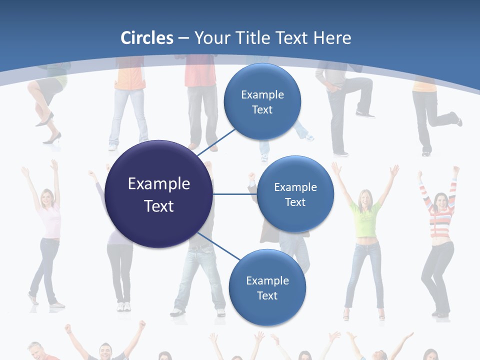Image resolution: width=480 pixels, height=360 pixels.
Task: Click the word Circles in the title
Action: tap(147, 38)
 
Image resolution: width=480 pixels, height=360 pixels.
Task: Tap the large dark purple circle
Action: tap(159, 194)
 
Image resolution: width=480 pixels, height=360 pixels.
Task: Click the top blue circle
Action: tap(262, 101)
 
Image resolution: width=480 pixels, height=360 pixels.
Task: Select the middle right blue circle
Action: tap(295, 194)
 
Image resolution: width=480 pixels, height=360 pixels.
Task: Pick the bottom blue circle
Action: tap(267, 287)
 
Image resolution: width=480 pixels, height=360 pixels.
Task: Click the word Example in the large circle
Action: tap(159, 184)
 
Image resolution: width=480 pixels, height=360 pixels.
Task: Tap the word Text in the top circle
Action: tap(262, 109)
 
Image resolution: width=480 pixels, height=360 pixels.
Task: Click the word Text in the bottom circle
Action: tap(267, 295)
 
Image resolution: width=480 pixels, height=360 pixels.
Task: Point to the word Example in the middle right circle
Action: tap(295, 187)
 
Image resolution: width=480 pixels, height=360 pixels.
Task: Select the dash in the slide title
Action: tap(183, 38)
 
